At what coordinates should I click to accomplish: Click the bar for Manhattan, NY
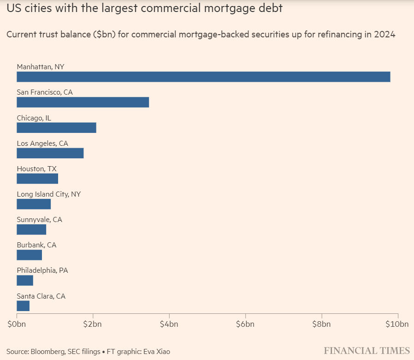pyautogui.click(x=203, y=77)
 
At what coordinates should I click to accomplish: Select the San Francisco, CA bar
pyautogui.click(x=83, y=102)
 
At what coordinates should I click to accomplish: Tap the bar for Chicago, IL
pyautogui.click(x=56, y=127)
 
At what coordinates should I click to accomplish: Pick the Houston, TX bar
pyautogui.click(x=37, y=179)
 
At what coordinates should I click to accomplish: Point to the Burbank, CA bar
pyautogui.click(x=30, y=255)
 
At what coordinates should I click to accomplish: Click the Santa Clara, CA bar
pyautogui.click(x=23, y=306)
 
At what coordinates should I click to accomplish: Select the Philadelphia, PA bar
pyautogui.click(x=25, y=280)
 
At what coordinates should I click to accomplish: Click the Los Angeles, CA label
pyautogui.click(x=42, y=144)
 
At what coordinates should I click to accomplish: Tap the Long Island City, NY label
pyautogui.click(x=49, y=194)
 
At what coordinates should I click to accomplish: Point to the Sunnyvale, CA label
pyautogui.click(x=40, y=220)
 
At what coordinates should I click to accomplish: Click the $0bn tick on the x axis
pyautogui.click(x=17, y=324)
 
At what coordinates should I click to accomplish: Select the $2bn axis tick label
pyautogui.click(x=93, y=324)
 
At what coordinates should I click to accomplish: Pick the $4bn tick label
pyautogui.click(x=169, y=324)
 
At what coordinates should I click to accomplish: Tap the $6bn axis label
pyautogui.click(x=245, y=324)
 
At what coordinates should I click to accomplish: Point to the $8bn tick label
pyautogui.click(x=321, y=324)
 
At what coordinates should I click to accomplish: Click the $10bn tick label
pyautogui.click(x=396, y=324)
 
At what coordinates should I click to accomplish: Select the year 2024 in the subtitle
pyautogui.click(x=385, y=35)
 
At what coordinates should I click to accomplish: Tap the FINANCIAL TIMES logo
pyautogui.click(x=367, y=350)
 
